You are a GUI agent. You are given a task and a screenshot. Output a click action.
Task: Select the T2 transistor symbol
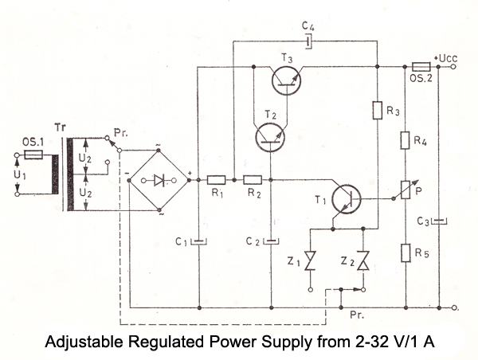tap(271, 135)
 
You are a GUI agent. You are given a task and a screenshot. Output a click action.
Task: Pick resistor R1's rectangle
tap(216, 179)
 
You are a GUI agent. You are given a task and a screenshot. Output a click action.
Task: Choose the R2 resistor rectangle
tap(253, 179)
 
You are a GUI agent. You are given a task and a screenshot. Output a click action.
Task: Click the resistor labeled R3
tap(374, 110)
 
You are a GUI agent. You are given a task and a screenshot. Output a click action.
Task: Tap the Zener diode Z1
tap(309, 261)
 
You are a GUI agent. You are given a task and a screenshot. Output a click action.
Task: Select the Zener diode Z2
tap(363, 261)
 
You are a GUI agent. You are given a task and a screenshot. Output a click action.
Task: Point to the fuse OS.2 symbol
tap(422, 67)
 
